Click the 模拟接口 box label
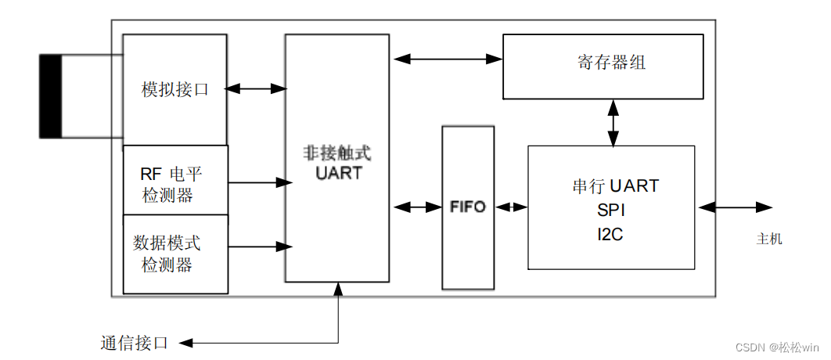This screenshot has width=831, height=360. pyautogui.click(x=175, y=89)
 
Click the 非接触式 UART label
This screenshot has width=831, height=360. pyautogui.click(x=338, y=163)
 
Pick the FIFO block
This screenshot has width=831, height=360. pyautogui.click(x=468, y=207)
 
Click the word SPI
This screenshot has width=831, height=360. pyautogui.click(x=611, y=211)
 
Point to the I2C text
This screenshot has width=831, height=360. pyautogui.click(x=611, y=234)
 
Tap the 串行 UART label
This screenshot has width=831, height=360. pyautogui.click(x=615, y=186)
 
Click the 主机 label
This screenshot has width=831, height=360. pyautogui.click(x=769, y=239)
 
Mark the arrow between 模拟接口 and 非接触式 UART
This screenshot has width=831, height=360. pyautogui.click(x=256, y=89)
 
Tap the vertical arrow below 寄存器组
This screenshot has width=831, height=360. pyautogui.click(x=613, y=122)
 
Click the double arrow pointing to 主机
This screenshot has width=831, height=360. pyautogui.click(x=736, y=207)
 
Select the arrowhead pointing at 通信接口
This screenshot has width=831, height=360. pyautogui.click(x=185, y=343)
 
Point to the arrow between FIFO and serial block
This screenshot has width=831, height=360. pyautogui.click(x=511, y=207)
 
